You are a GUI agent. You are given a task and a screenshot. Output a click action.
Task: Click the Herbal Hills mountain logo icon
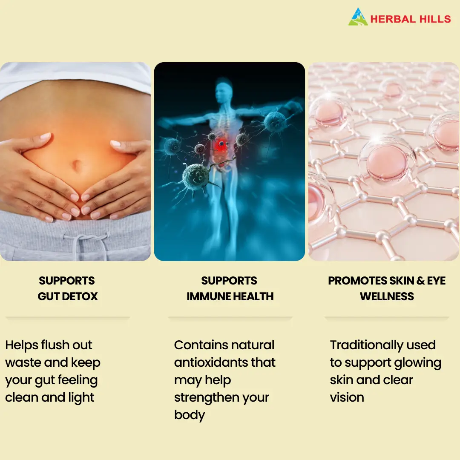pos(358,17)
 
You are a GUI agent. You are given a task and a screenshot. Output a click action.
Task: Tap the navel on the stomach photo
pos(76,164)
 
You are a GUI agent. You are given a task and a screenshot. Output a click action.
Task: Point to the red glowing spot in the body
pos(221,145)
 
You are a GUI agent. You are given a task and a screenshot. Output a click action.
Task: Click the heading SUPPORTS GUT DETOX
pos(67,288)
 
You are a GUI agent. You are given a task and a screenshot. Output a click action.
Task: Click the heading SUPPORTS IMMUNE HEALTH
pos(230,288)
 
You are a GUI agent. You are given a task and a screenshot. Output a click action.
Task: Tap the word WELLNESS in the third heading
pos(387,296)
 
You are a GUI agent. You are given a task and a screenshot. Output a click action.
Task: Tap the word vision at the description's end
pos(347,397)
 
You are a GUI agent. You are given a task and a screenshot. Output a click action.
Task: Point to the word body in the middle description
pos(190,415)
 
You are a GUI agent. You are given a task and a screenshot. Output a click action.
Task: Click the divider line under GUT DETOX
pos(68,317)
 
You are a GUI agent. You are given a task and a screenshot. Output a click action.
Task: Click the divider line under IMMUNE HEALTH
pos(230,317)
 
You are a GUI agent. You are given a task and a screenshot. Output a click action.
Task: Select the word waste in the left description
pos(23,363)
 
